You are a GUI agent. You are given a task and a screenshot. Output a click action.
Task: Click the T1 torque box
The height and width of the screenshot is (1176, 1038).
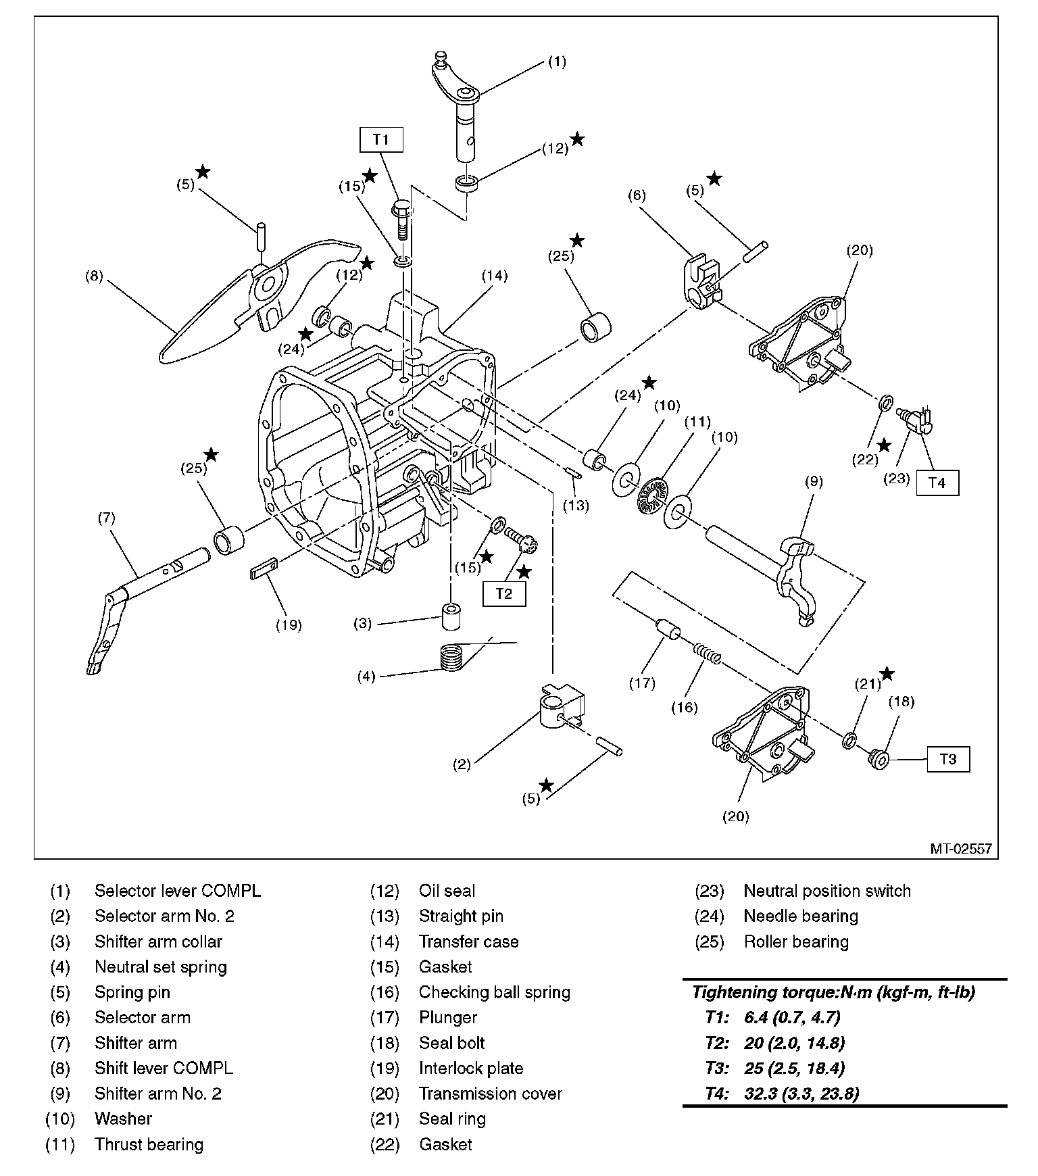point(381,139)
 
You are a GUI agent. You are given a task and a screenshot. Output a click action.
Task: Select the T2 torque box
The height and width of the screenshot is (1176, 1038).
point(504,593)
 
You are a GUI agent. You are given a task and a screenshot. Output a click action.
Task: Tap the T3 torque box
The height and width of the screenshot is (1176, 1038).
point(948,759)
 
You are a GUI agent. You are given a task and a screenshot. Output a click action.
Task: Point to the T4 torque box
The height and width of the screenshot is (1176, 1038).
point(937,483)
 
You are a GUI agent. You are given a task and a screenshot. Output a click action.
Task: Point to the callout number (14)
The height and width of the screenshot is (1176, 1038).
point(495,276)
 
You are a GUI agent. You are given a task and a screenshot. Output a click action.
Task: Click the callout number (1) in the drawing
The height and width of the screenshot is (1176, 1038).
point(556,62)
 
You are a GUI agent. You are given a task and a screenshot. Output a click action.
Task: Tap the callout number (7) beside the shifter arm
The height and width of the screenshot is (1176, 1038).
point(106,518)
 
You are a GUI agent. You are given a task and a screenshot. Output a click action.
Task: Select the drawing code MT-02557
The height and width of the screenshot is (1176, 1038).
point(960,848)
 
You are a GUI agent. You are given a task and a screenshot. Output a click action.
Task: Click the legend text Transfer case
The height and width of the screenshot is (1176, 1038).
point(468,941)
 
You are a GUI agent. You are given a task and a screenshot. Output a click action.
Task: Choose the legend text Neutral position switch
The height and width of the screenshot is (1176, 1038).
point(826,891)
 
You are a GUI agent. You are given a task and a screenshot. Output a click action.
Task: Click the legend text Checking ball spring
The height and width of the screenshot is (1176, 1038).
point(494,992)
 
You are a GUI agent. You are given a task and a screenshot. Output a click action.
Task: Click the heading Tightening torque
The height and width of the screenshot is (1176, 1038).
point(833,993)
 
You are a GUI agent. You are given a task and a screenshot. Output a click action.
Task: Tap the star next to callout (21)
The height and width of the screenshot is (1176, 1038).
point(887,674)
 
